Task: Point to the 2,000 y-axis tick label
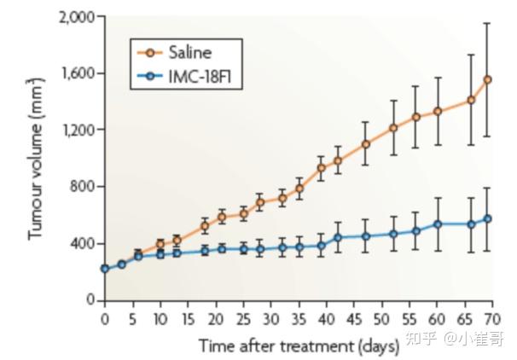75,17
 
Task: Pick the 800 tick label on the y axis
83,187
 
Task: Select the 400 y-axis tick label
83,243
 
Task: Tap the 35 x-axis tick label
299,319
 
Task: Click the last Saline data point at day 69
487,79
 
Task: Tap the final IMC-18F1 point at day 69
487,218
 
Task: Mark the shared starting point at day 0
105,269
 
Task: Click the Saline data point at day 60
438,111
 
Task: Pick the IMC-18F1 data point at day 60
438,224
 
